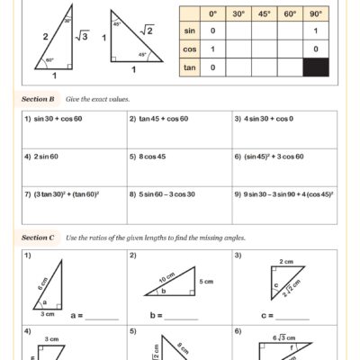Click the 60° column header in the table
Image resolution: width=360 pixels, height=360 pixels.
coord(290,14)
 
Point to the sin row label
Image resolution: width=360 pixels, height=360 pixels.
coord(188,31)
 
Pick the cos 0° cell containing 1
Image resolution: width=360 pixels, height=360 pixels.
coord(212,49)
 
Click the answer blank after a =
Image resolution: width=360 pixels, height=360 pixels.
coord(102,318)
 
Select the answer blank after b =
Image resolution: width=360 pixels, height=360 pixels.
coord(182,318)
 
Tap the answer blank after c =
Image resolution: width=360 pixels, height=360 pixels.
coord(292,318)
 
